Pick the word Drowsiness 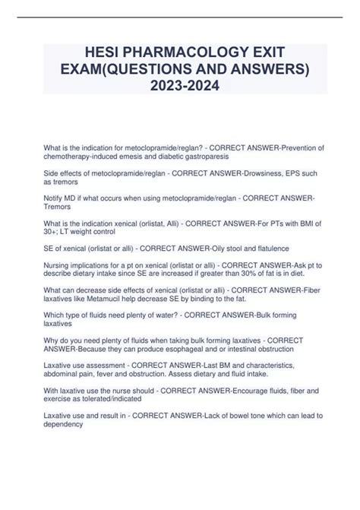point(261,174)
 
